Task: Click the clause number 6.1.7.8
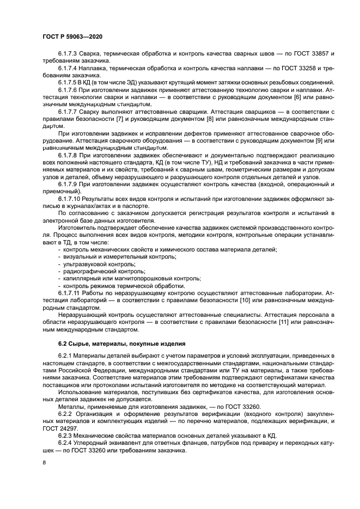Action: (x=68, y=155)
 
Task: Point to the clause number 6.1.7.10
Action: (x=70, y=199)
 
